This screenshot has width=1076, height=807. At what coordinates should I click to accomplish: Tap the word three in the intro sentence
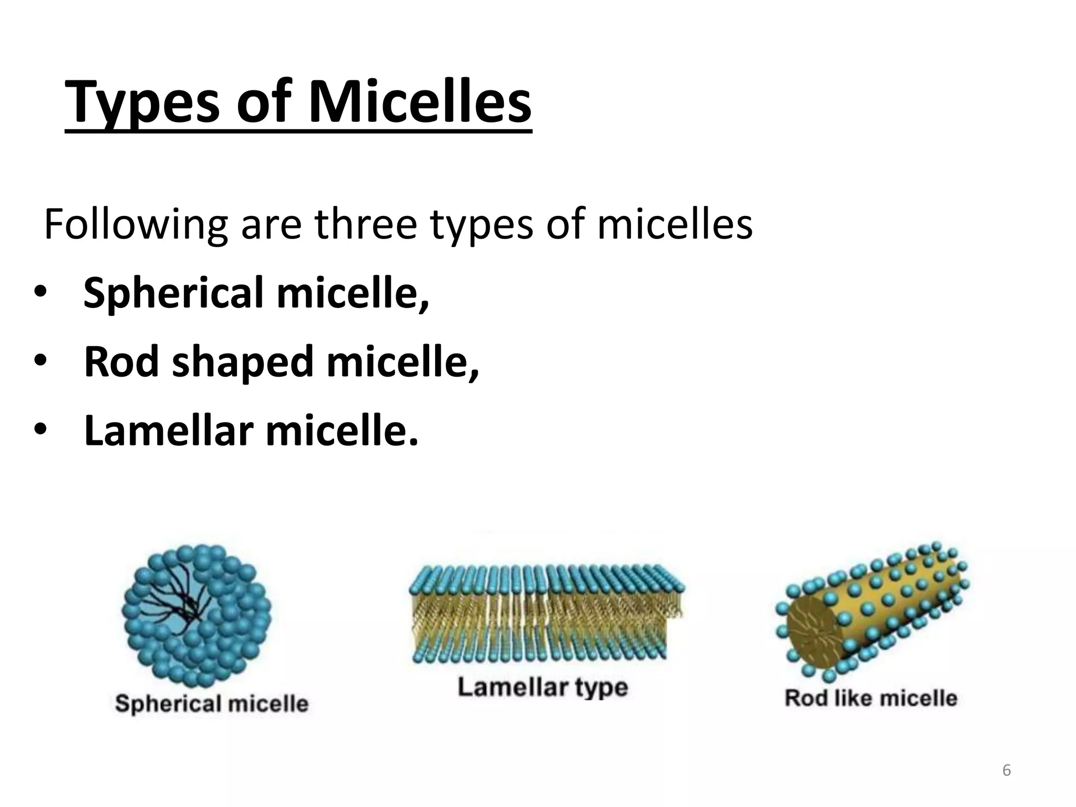pyautogui.click(x=366, y=225)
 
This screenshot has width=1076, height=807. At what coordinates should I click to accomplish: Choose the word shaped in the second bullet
pyautogui.click(x=242, y=363)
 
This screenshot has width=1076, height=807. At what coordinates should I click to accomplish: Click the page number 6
pyautogui.click(x=1006, y=771)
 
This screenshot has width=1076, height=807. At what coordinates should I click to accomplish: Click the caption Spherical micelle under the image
pyautogui.click(x=211, y=703)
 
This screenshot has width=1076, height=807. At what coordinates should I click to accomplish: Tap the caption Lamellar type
pyautogui.click(x=543, y=687)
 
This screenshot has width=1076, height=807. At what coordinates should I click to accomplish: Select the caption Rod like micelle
pyautogui.click(x=871, y=698)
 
